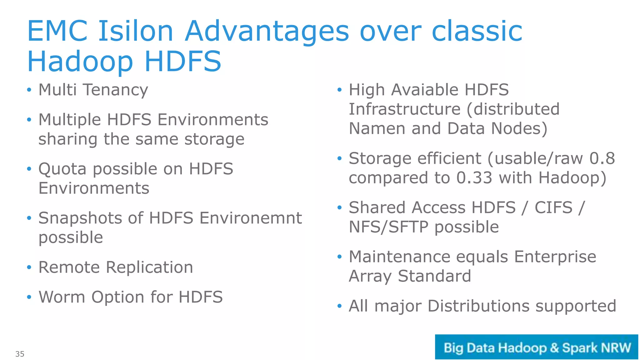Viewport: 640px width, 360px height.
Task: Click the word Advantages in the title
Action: tap(267, 31)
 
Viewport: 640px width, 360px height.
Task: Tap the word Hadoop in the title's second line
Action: tap(80, 62)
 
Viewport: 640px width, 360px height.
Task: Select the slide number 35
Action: tap(20, 354)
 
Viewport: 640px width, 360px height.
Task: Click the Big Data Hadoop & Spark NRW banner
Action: tap(536, 347)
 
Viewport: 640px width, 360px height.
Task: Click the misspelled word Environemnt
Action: tap(251, 218)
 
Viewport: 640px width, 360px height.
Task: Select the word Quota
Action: tap(62, 169)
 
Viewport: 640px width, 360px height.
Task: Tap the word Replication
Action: tap(149, 267)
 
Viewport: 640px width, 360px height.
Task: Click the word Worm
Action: tap(62, 297)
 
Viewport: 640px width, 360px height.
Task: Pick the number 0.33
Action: tap(474, 178)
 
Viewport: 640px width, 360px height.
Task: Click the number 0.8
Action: tap(602, 158)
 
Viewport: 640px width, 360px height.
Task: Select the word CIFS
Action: tap(553, 207)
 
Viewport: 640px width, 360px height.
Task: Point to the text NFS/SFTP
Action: tap(388, 227)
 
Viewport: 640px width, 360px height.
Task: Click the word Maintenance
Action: tap(399, 257)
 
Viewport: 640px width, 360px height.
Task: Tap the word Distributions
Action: tap(478, 306)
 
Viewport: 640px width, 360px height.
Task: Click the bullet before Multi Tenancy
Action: tap(29, 90)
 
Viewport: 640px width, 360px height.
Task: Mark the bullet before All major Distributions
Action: tap(340, 306)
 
